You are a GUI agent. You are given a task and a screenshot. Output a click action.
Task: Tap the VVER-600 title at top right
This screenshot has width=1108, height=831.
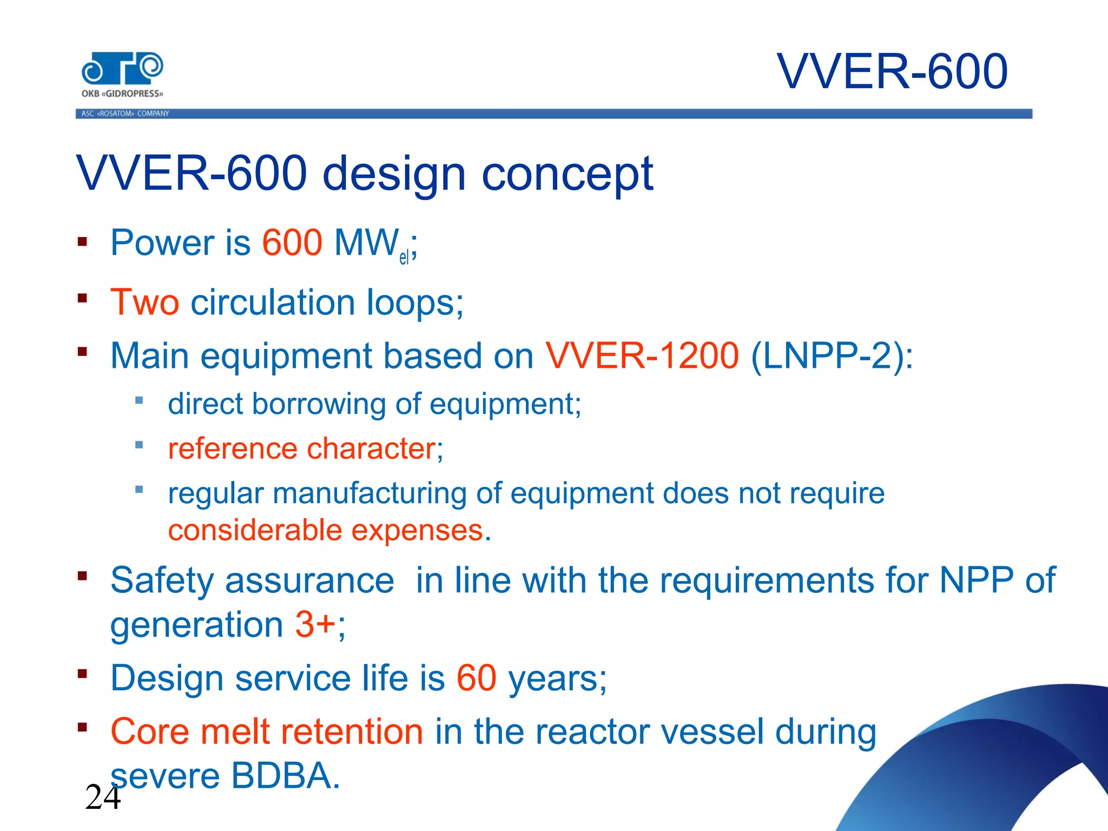coord(892,71)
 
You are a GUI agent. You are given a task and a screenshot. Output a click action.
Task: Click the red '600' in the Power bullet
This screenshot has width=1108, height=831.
coord(292,242)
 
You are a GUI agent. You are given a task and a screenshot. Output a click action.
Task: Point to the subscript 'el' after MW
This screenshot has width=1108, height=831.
coord(404,258)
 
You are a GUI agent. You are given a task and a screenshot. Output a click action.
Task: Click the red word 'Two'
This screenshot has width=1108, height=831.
coord(144,302)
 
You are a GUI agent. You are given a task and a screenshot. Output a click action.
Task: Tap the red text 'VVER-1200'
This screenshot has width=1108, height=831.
coord(642,356)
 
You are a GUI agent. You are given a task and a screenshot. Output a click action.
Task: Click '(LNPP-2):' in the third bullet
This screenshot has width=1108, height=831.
coord(832,356)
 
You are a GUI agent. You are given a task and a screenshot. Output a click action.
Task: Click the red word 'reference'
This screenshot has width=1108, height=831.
coord(233,449)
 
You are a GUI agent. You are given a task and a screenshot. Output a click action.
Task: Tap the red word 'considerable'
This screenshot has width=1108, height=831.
coord(254,530)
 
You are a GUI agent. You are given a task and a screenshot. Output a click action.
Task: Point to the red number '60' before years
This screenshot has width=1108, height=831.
coord(476,678)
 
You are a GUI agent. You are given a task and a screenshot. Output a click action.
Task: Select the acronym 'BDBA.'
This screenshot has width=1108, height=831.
coord(285,776)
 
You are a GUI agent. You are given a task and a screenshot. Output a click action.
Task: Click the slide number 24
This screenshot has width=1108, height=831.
coord(102,797)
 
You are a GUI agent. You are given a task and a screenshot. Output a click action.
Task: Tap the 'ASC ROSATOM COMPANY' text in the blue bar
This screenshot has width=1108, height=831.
coord(125,114)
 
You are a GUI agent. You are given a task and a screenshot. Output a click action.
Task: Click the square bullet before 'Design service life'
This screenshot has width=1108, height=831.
coord(82,674)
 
